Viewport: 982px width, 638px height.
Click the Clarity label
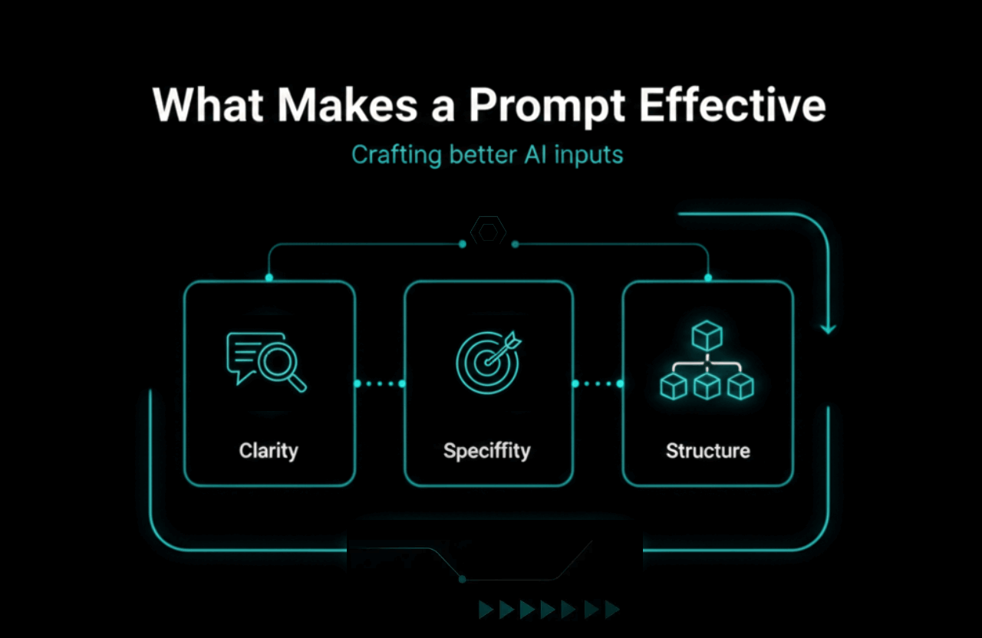[269, 450]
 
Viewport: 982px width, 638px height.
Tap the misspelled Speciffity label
[487, 450]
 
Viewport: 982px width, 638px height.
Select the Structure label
[707, 450]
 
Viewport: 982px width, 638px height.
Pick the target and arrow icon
[486, 361]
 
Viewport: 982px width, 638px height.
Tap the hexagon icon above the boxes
[488, 231]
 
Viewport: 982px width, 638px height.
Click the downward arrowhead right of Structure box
[828, 328]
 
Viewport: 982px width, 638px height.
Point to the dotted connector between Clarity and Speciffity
[379, 383]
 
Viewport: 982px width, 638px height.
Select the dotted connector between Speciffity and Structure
[598, 383]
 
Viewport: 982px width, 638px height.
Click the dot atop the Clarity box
[269, 277]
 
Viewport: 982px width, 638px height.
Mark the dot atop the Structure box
[707, 277]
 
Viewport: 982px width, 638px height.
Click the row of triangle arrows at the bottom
[549, 610]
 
